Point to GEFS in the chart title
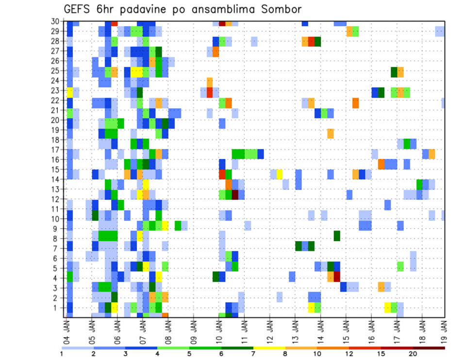[x=79, y=9]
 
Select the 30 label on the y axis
[x=56, y=21]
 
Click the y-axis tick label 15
[x=56, y=169]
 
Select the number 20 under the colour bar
[x=413, y=354]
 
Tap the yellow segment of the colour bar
[x=269, y=347]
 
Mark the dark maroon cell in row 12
[x=235, y=195]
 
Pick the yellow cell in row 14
[x=280, y=174]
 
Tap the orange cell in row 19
[x=331, y=133]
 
